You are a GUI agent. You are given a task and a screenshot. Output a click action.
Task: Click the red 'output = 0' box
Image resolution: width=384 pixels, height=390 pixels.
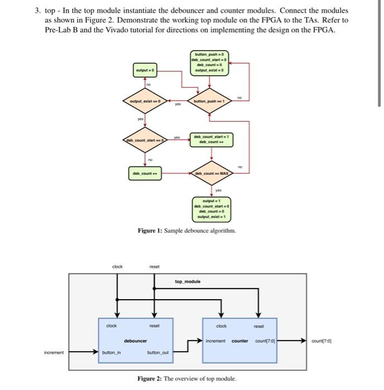[145, 71]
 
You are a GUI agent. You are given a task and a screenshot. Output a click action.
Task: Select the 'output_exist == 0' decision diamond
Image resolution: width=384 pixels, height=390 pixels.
[145, 101]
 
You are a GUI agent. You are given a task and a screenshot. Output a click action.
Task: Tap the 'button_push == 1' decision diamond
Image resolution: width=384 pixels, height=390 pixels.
[208, 101]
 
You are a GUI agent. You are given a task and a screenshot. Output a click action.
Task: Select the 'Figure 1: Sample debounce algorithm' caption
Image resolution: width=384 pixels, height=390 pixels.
[187, 231]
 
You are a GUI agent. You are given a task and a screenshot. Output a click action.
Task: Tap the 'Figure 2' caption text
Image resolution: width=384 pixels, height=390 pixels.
[187, 379]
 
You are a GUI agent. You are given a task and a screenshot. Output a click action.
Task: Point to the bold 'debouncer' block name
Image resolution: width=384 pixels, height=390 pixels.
[135, 340]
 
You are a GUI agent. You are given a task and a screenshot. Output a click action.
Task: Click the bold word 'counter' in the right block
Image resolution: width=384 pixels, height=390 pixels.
[240, 340]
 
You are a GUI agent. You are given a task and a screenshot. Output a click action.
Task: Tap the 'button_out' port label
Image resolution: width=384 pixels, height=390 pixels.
[157, 352]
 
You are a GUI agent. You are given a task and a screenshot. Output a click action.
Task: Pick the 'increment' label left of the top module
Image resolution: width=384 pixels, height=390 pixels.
[54, 352]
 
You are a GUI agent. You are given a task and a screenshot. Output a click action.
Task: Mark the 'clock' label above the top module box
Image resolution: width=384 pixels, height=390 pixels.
[117, 266]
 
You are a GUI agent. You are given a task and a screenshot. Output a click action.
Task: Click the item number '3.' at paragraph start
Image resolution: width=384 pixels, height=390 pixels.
[37, 11]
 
